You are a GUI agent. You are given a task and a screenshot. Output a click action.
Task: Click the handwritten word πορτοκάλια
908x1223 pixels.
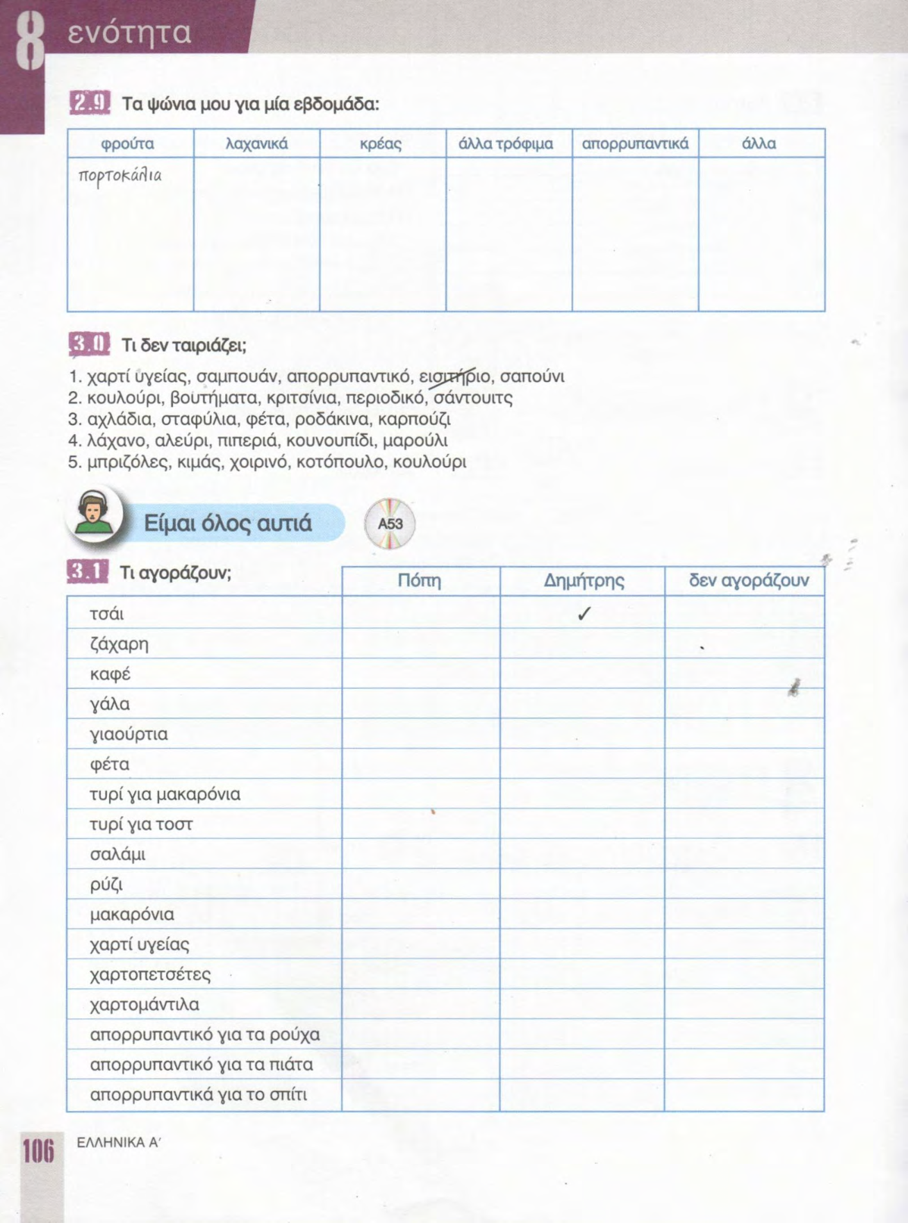(120, 176)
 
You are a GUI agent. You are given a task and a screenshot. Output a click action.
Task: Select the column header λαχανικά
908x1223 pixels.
(257, 143)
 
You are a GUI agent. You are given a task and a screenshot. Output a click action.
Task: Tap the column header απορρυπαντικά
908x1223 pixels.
(635, 143)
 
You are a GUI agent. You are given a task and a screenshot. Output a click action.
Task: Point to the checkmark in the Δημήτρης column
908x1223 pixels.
(583, 614)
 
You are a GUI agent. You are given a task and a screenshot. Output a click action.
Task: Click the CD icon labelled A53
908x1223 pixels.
(390, 524)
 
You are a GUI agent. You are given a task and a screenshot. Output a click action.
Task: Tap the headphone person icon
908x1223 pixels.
(94, 515)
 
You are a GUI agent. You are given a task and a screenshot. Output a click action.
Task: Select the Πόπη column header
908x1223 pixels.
(419, 581)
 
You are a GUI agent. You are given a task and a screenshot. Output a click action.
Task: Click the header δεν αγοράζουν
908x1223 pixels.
(748, 581)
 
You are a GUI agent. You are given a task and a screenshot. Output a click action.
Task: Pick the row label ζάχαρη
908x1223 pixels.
(119, 645)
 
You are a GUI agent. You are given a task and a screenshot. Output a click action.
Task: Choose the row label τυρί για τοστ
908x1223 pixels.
(141, 824)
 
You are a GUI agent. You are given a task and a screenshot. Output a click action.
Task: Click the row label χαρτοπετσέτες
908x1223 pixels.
(150, 974)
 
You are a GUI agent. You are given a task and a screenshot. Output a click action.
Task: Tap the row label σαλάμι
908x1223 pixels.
(117, 855)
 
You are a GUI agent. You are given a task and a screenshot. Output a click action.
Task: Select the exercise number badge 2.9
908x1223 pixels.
(89, 103)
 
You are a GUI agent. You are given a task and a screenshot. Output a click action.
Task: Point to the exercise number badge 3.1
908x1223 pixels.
(88, 572)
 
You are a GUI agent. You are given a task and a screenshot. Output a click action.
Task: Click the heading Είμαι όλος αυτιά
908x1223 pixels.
(227, 524)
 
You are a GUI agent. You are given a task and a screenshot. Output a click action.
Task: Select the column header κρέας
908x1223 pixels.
(380, 143)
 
